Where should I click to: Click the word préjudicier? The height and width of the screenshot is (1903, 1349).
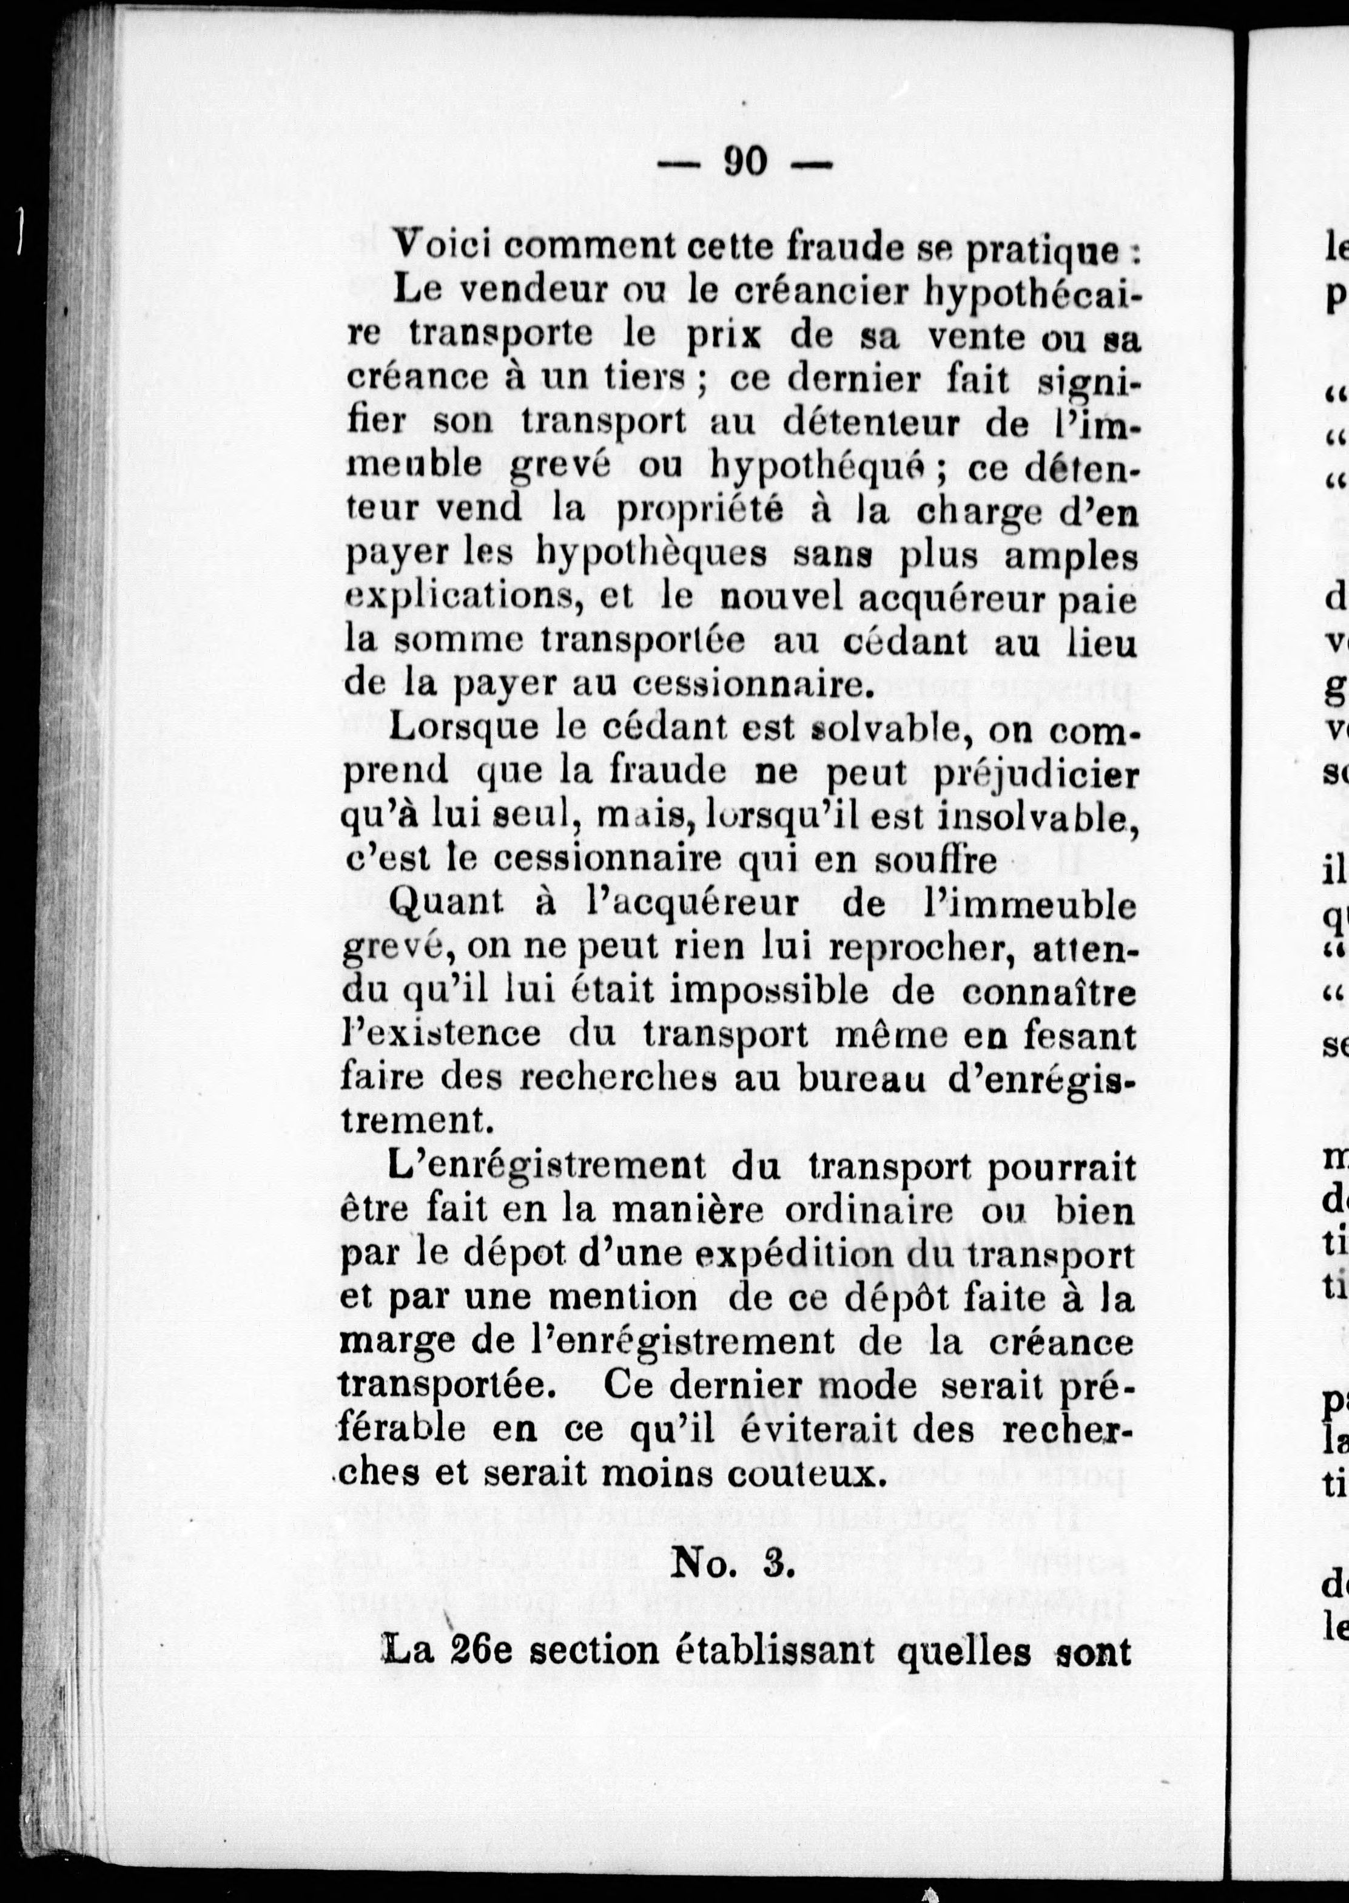(1034, 773)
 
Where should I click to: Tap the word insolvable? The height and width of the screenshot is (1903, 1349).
(1034, 817)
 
